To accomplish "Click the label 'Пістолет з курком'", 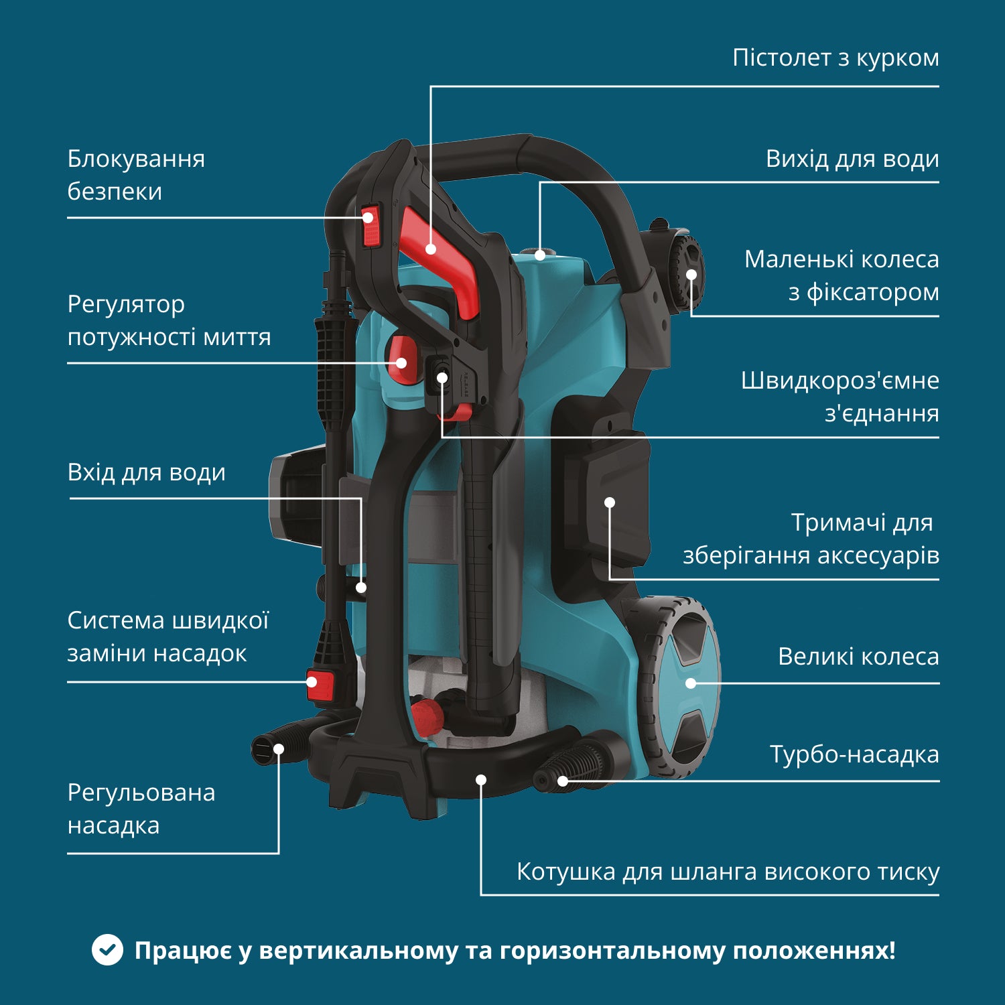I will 835,58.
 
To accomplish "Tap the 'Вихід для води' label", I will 852,159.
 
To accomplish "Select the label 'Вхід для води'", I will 146,472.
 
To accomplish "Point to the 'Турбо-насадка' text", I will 854,754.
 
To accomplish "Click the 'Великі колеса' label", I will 858,657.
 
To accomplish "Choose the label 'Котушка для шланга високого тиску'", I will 728,872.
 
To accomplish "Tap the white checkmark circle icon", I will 107,950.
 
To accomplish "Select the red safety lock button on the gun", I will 371,226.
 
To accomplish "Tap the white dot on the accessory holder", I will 610,503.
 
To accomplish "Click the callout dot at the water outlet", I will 540,255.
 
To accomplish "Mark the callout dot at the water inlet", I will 361,588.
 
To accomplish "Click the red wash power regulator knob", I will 401,360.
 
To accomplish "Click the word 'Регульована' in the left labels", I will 141,793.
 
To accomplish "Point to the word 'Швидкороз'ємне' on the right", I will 840,381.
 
